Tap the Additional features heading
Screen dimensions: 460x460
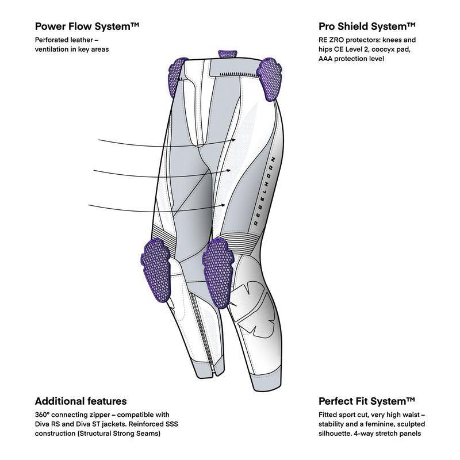80,401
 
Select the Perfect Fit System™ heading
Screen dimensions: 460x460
367,401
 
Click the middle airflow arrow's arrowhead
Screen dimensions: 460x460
230,169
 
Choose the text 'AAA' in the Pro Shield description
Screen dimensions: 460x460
327,59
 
